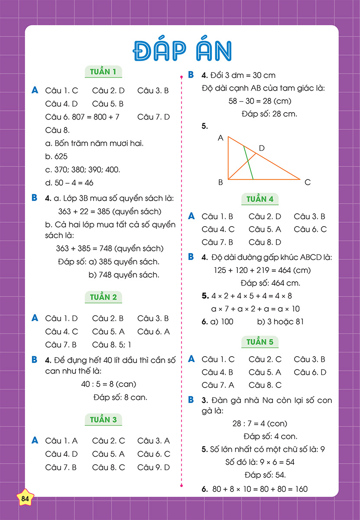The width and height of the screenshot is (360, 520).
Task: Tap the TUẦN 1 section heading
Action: click(x=103, y=71)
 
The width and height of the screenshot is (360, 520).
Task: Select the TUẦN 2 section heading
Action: click(x=103, y=297)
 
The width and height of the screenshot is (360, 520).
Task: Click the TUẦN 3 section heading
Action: click(x=103, y=419)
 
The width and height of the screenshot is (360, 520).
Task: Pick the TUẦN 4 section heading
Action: click(x=260, y=199)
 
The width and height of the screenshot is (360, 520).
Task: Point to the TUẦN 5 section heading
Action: click(x=260, y=342)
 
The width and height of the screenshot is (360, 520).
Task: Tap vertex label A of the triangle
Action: click(x=221, y=138)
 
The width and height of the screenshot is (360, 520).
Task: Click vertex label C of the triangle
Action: click(x=308, y=182)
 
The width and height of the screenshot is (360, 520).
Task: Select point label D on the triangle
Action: click(x=262, y=148)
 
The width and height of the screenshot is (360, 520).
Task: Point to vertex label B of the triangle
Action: click(x=221, y=182)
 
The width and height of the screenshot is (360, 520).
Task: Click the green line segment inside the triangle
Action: click(x=248, y=163)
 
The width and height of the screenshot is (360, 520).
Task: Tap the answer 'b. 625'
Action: click(x=56, y=156)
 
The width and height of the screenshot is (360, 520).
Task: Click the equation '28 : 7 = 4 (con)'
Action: click(x=260, y=423)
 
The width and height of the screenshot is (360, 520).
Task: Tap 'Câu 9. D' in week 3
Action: click(x=153, y=467)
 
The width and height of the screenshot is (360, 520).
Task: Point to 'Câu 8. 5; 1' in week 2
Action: click(x=111, y=344)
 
